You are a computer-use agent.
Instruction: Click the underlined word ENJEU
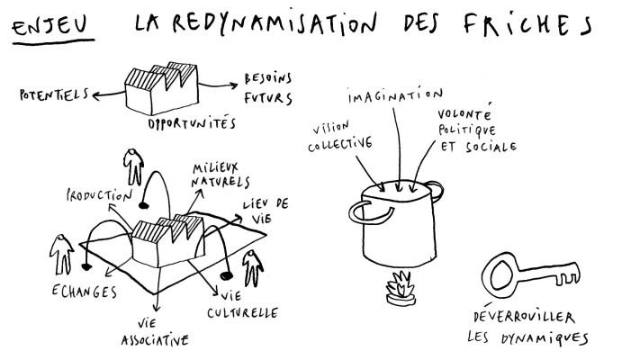pyautogui.click(x=50, y=25)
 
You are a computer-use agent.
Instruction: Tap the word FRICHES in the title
pyautogui.click(x=527, y=24)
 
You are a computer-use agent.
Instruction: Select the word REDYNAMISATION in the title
pyautogui.click(x=274, y=23)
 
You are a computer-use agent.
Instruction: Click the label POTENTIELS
pyautogui.click(x=54, y=95)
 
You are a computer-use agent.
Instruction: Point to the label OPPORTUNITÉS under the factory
pyautogui.click(x=192, y=122)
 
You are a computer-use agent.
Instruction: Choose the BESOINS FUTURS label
pyautogui.click(x=268, y=88)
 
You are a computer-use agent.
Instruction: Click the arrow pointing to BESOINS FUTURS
pyautogui.click(x=219, y=85)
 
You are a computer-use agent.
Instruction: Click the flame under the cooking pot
pyautogui.click(x=401, y=285)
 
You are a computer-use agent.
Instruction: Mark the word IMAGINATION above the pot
pyautogui.click(x=395, y=95)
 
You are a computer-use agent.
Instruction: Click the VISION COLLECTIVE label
pyautogui.click(x=340, y=136)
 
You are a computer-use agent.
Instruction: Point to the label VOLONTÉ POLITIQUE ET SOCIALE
pyautogui.click(x=477, y=130)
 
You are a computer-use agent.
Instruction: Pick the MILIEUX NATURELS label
pyautogui.click(x=221, y=175)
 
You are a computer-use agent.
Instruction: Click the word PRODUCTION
pyautogui.click(x=99, y=194)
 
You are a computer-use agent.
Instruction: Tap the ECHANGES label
pyautogui.click(x=85, y=291)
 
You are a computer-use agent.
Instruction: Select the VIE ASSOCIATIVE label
pyautogui.click(x=155, y=332)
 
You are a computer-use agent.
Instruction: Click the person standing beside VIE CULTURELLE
pyautogui.click(x=253, y=268)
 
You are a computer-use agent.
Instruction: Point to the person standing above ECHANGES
pyautogui.click(x=61, y=255)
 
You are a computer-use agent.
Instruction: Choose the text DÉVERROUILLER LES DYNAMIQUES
pyautogui.click(x=527, y=328)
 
